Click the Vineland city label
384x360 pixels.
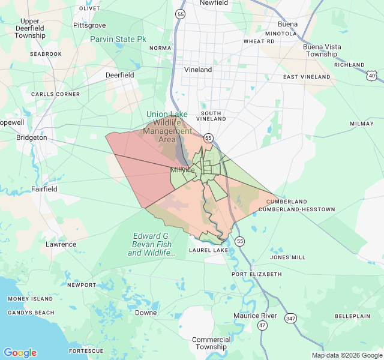pos(198,70)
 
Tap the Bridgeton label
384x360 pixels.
pos(32,137)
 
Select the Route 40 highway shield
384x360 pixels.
pos(373,75)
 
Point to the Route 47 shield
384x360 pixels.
pos(262,325)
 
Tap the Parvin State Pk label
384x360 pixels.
pos(118,39)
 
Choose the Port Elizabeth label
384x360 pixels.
pos(257,274)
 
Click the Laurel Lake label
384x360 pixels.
pos(209,250)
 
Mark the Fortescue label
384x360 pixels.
pos(86,351)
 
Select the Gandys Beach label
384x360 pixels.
pos(31,313)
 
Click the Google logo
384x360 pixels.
pos(20,353)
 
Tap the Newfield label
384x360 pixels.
pos(214,3)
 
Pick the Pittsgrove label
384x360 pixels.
pos(89,25)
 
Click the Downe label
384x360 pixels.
pos(146,313)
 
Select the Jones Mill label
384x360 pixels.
pos(288,257)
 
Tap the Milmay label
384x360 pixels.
pos(361,124)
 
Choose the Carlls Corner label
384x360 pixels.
pos(56,94)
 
